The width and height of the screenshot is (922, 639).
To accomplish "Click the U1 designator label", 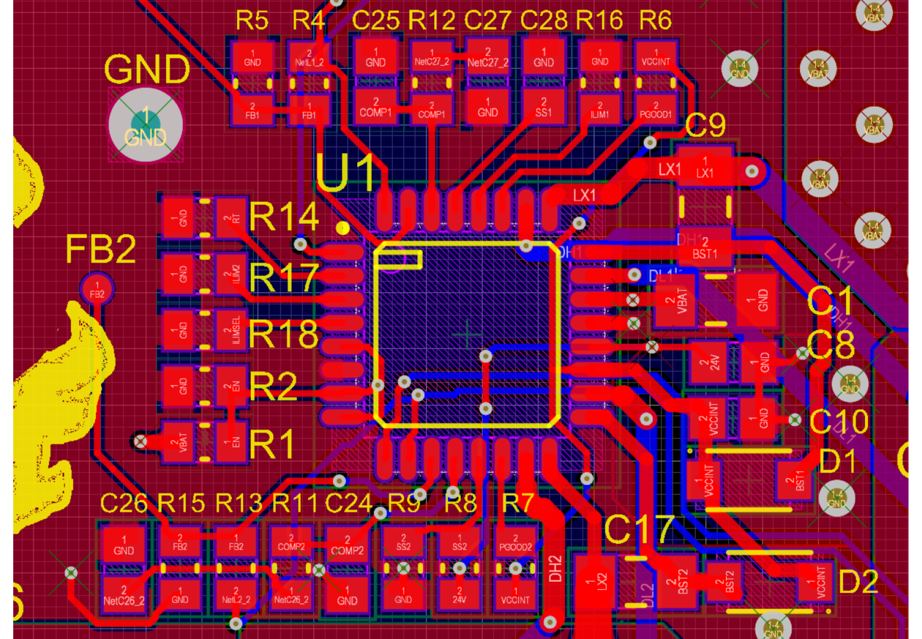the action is point(345,173).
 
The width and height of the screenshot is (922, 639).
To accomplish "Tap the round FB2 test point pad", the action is point(97,289).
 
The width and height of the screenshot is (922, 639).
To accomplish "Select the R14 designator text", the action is point(284,217).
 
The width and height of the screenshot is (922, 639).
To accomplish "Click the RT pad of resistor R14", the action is point(231,218).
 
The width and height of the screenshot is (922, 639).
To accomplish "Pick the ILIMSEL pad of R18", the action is point(231,330).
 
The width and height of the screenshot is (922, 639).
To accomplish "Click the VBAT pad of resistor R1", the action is point(178,442).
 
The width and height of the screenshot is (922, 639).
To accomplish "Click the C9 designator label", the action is point(705,125).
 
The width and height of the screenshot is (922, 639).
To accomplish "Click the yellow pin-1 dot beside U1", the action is point(343,228).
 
